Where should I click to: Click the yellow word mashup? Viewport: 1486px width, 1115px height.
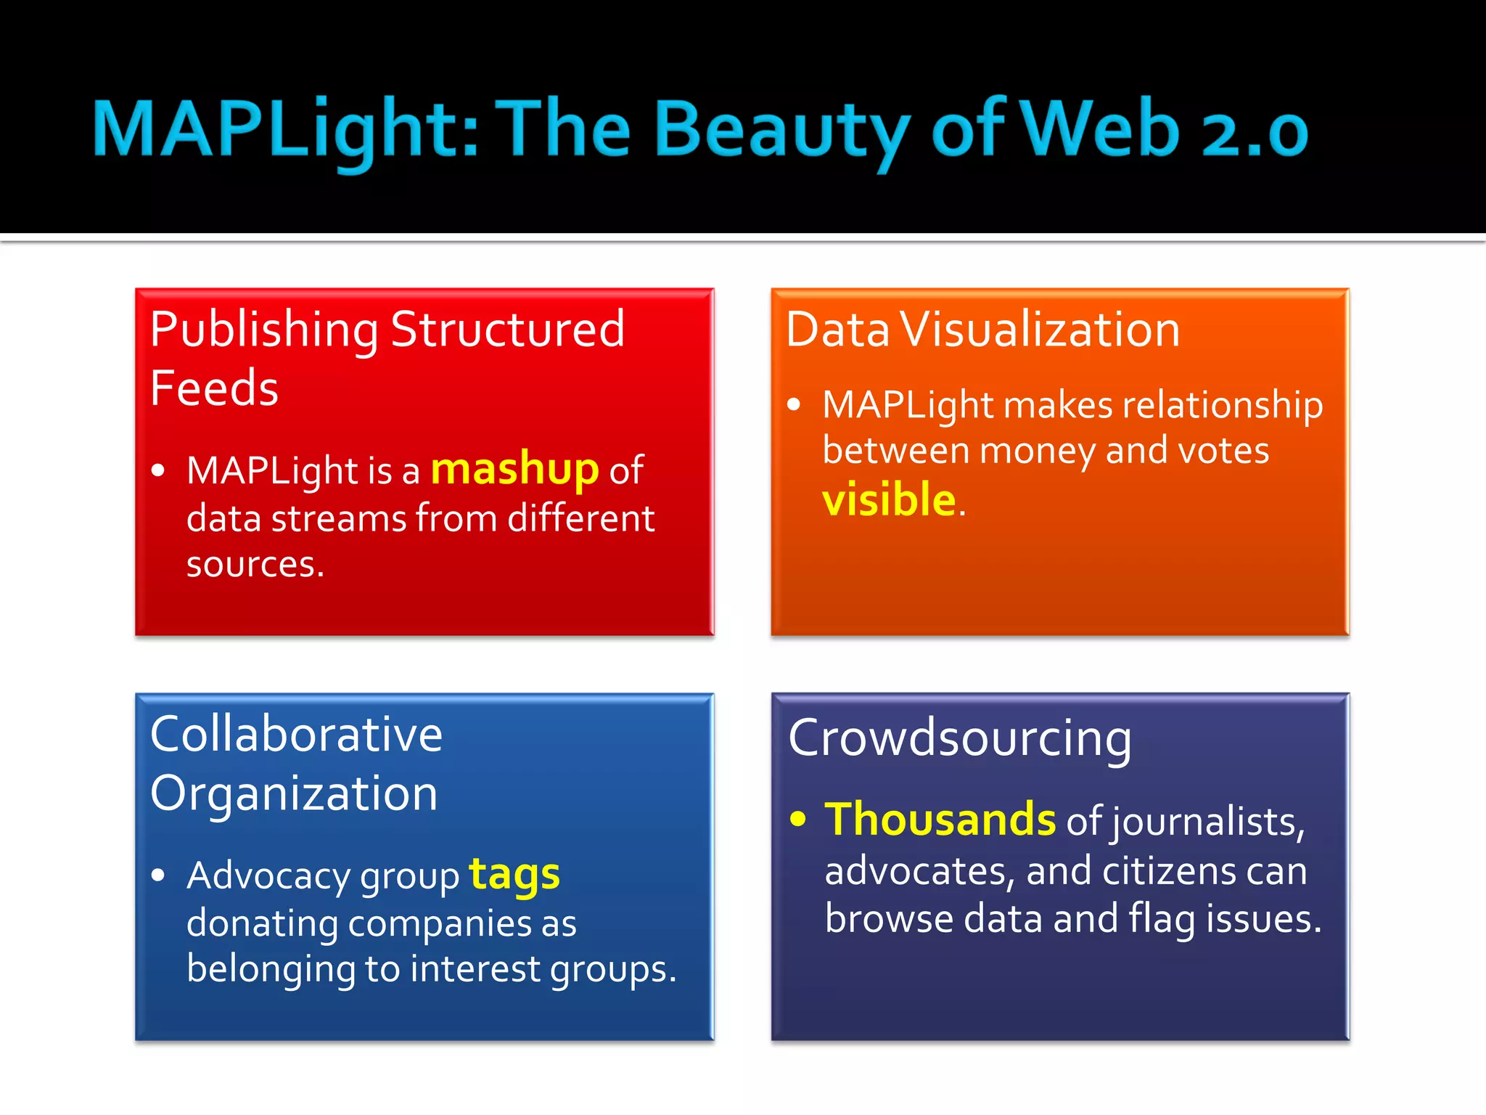point(514,470)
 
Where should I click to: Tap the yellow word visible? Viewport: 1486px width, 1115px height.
point(888,500)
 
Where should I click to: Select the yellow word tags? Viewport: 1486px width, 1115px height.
point(514,875)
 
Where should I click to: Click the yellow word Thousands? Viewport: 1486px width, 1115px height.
point(940,820)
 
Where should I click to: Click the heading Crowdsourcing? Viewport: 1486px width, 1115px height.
point(959,739)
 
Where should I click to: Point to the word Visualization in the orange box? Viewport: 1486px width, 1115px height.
point(1040,330)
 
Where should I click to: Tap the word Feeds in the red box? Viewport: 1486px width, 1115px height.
point(214,388)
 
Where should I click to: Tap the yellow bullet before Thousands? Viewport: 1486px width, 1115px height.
point(798,820)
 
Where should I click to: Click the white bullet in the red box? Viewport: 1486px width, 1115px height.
point(158,470)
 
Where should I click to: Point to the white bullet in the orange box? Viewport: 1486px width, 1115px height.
point(794,404)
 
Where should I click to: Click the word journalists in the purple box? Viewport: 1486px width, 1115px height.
point(1209,822)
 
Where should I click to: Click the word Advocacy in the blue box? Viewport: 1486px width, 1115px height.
point(268,876)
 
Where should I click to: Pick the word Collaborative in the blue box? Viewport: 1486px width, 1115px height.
point(296,735)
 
